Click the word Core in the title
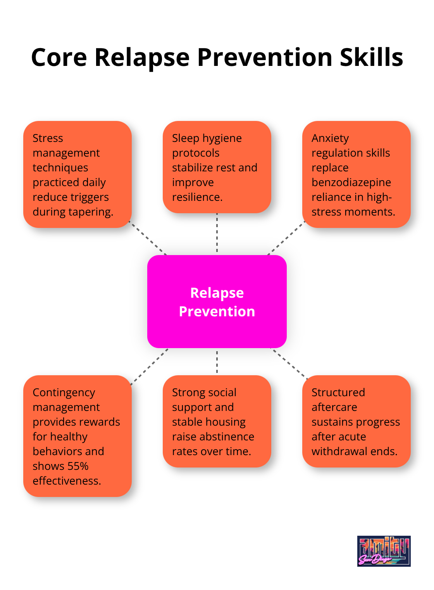point(59,57)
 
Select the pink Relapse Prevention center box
point(217,302)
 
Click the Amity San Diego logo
point(384,551)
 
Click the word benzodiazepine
point(351,182)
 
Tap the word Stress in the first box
point(48,138)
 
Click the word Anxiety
point(330,138)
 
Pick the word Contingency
point(64,392)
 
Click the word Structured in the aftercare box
point(338,392)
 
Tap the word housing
point(227,422)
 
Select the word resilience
point(197,197)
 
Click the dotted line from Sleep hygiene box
point(217,233)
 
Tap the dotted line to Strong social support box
point(217,361)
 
